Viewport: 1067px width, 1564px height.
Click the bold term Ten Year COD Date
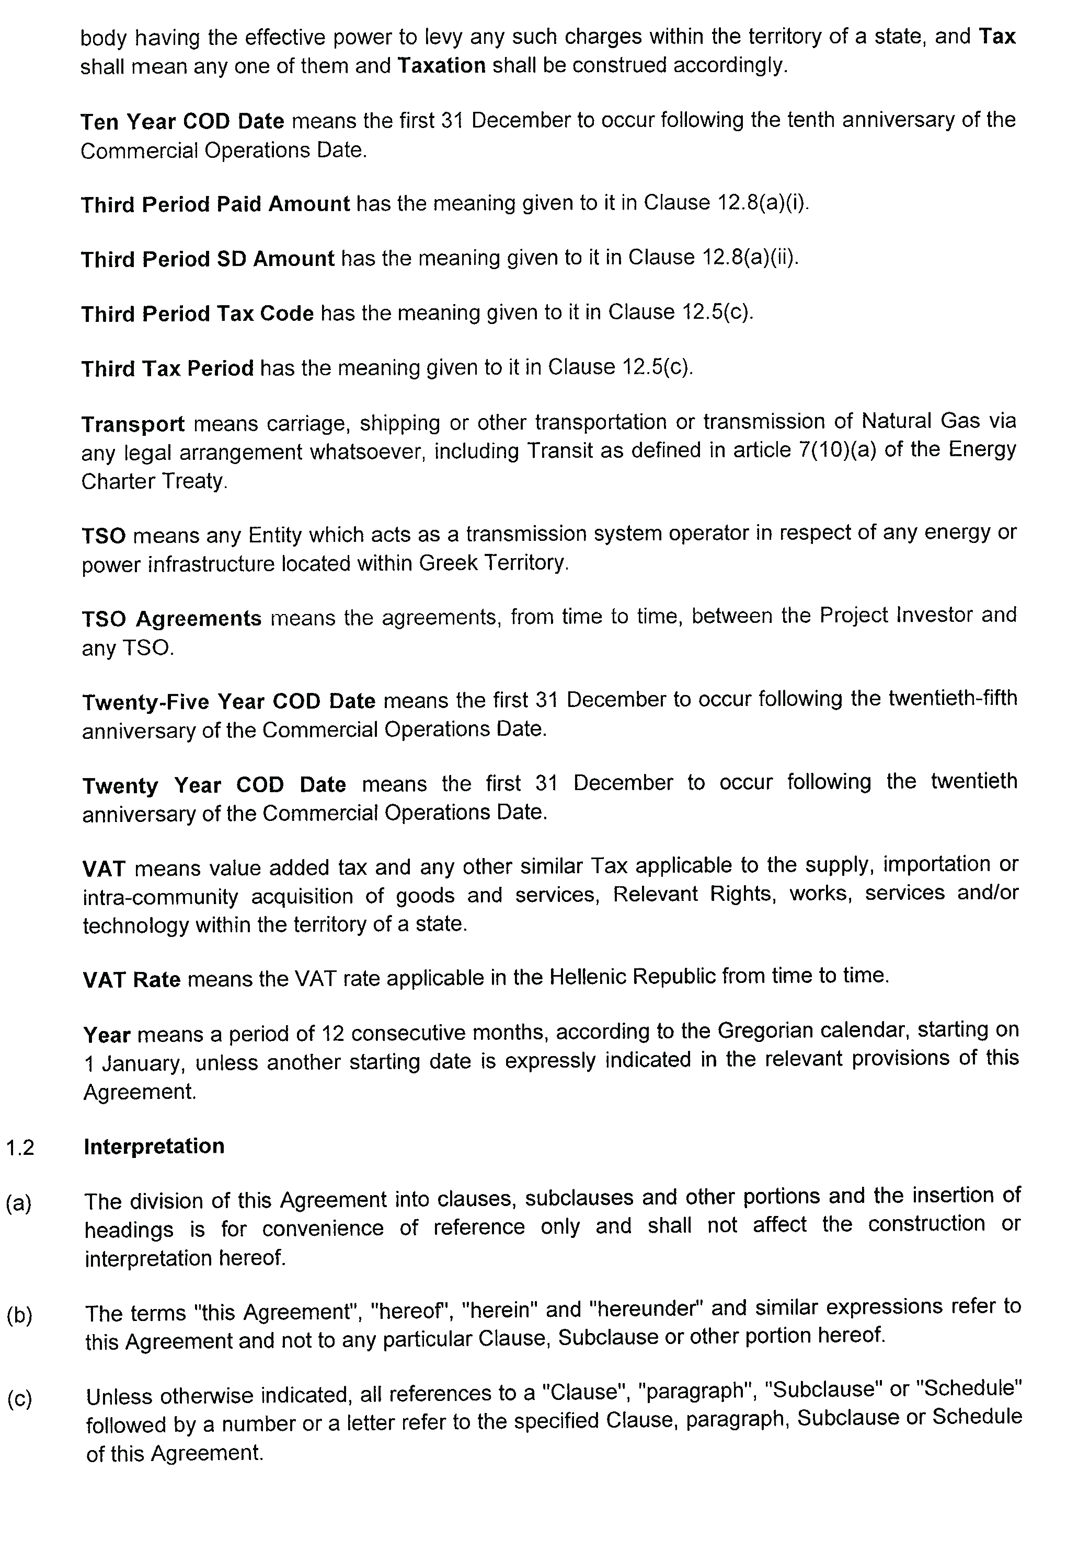182,122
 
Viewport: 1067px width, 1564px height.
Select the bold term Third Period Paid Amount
215,205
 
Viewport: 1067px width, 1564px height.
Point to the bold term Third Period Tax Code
197,314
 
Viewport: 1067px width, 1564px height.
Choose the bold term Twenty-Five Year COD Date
228,702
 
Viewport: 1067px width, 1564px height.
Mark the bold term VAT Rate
132,979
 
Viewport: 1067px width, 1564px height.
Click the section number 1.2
20,1148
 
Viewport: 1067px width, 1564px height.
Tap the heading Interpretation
154,1146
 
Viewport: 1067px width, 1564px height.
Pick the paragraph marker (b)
19,1314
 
